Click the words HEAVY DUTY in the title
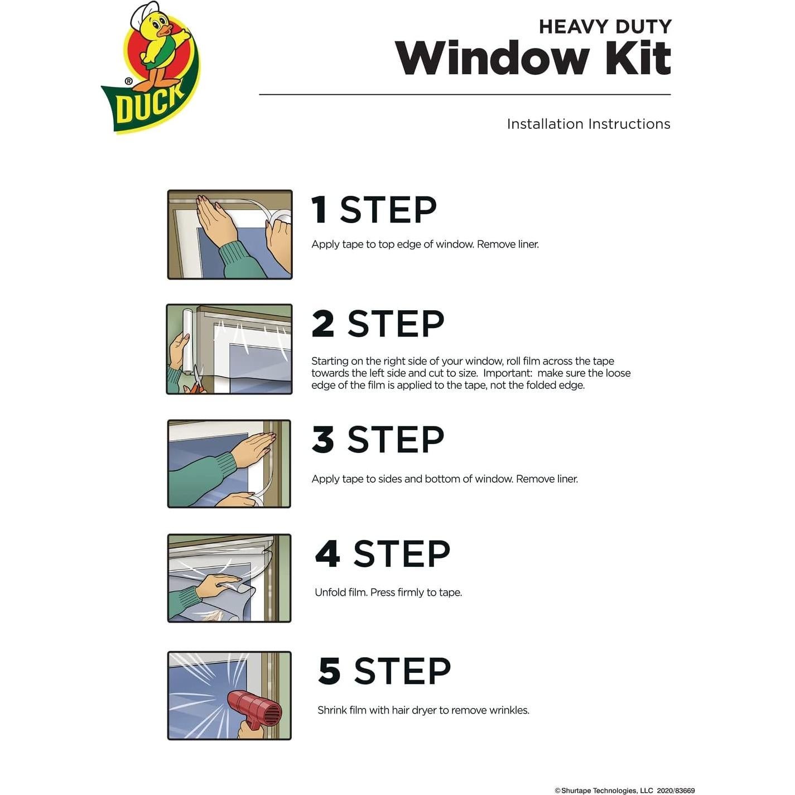click(605, 26)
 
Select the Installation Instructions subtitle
click(588, 124)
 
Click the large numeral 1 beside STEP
click(320, 210)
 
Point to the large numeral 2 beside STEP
click(323, 324)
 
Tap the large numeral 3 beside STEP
click(323, 440)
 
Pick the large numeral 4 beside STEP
click(327, 554)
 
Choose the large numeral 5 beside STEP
click(329, 671)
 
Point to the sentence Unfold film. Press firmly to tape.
click(388, 592)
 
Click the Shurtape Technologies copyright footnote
click(624, 790)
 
